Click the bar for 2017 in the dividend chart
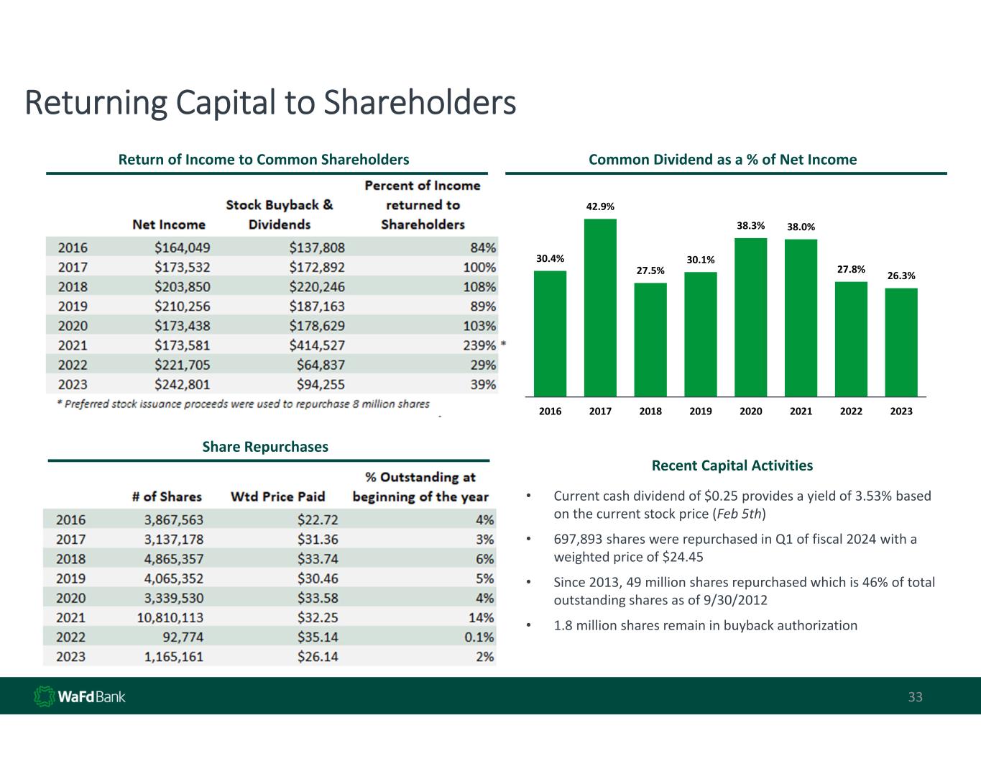point(600,307)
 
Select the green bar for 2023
point(901,342)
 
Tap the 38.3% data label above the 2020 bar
point(750,226)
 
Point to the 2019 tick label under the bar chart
point(701,411)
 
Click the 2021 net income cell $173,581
point(183,345)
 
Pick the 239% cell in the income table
point(479,345)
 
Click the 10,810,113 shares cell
point(170,617)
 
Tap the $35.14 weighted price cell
point(318,637)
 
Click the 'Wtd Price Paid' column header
point(277,496)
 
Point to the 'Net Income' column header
point(169,224)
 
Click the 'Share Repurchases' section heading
point(265,447)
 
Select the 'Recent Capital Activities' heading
point(732,465)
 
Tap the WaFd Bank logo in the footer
point(80,696)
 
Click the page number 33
point(915,697)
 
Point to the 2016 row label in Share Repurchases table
point(71,519)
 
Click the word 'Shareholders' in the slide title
point(420,102)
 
